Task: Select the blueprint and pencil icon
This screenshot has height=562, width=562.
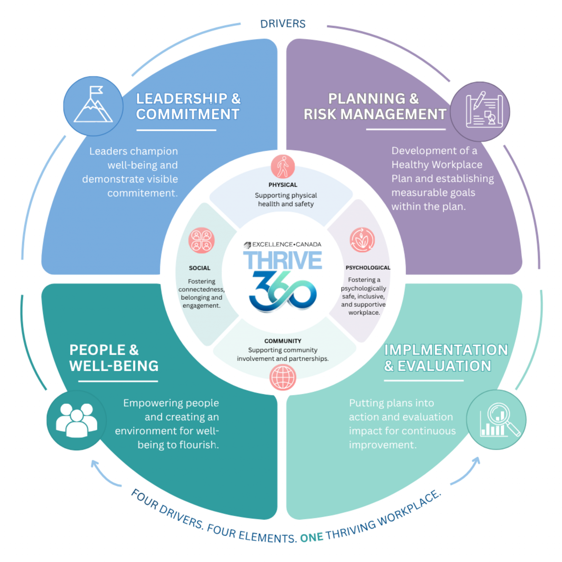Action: (x=480, y=112)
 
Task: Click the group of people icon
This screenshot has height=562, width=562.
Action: (x=76, y=420)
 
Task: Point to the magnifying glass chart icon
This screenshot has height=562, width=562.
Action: (x=496, y=420)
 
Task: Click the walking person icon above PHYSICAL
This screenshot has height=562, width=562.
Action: (x=283, y=167)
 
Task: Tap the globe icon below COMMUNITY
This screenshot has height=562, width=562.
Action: (x=283, y=377)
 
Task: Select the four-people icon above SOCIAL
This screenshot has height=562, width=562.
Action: (x=201, y=240)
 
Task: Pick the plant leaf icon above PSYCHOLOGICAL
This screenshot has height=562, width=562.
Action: (x=362, y=240)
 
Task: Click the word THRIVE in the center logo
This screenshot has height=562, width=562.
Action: (x=283, y=260)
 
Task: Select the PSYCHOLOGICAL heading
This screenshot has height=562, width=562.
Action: (x=368, y=268)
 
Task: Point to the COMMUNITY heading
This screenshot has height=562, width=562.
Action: (x=283, y=341)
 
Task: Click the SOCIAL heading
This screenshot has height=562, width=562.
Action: (x=200, y=268)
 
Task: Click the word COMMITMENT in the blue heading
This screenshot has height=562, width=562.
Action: (x=188, y=114)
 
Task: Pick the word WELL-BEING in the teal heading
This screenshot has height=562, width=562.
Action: (x=114, y=366)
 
